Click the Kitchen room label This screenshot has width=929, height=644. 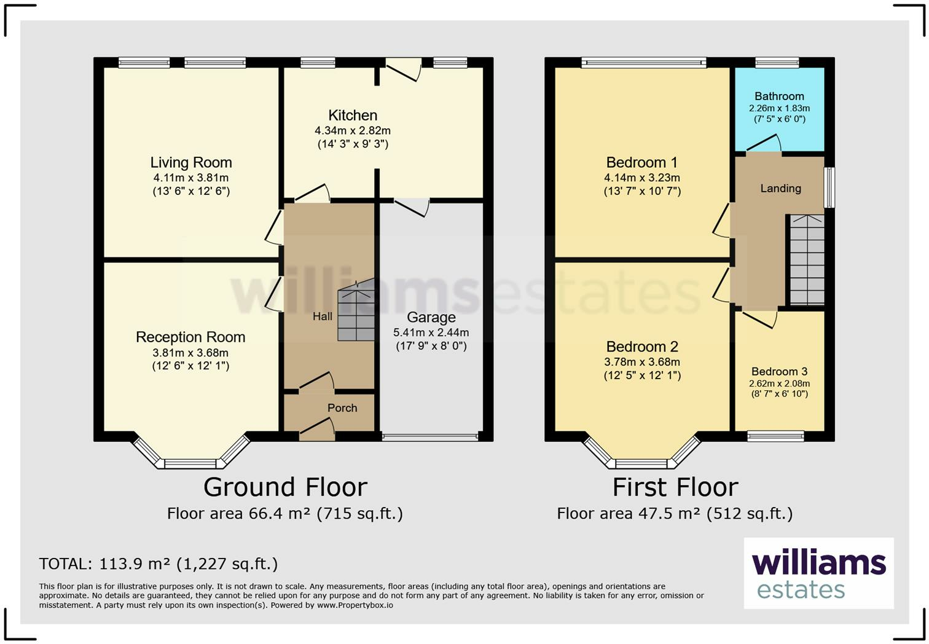pos(353,115)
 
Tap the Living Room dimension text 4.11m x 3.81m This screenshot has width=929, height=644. pos(190,178)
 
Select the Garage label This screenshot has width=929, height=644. pos(431,317)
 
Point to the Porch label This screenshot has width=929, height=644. pos(342,408)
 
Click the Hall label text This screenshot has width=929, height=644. pos(322,316)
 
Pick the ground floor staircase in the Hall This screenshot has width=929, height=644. pos(356,310)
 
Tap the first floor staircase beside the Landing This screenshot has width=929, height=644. pos(807,259)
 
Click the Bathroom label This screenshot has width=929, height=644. pos(779,96)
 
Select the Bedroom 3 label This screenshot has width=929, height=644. pos(779,371)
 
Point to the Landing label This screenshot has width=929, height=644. pos(780,188)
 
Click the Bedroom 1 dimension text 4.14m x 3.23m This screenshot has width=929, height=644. pos(642,178)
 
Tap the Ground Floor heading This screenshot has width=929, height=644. pos(285,487)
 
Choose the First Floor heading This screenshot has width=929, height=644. pos(675,487)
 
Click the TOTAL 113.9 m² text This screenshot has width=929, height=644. pos(158,564)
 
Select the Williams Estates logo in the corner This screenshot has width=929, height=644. pos(818,573)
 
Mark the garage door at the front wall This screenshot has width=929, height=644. pos(430,437)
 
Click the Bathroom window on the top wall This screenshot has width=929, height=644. pos(777,63)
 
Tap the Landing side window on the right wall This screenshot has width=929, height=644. pos(829,187)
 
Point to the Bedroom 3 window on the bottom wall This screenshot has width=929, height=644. pos(775,436)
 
